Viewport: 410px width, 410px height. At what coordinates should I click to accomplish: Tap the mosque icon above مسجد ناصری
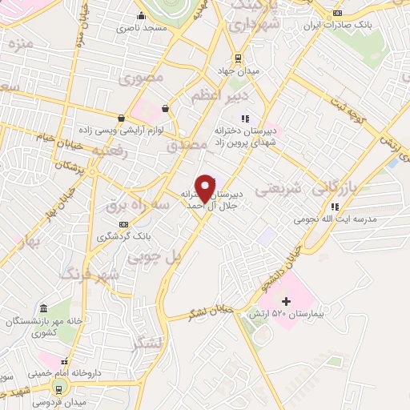pos(141,16)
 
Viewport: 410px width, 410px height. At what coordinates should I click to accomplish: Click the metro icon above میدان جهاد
pos(238,58)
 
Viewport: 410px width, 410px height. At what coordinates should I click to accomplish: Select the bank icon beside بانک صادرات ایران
pos(337,14)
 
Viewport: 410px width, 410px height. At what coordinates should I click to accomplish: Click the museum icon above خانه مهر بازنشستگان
pos(43,309)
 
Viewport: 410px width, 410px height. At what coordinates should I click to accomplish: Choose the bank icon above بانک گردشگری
pos(123,225)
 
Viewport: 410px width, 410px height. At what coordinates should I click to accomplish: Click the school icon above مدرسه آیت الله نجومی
pos(335,207)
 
